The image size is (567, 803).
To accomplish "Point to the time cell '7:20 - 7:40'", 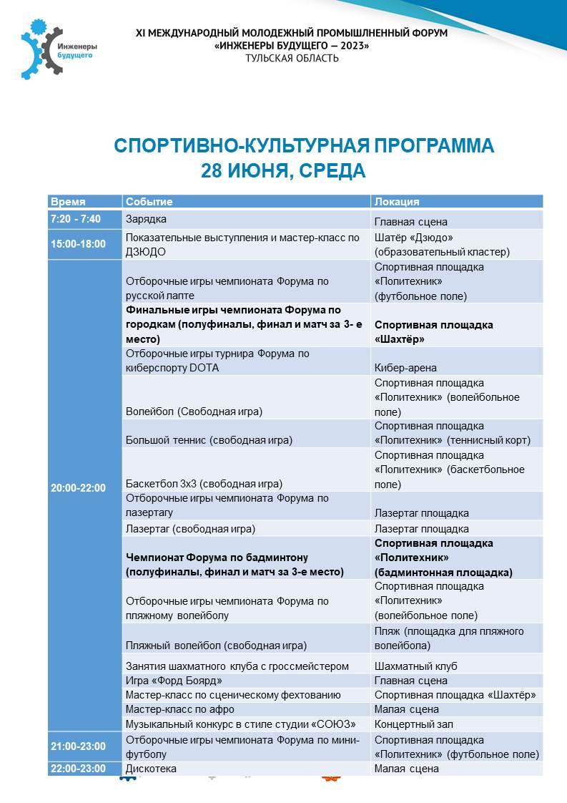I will click(x=76, y=219).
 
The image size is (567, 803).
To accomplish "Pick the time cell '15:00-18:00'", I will click(x=78, y=244).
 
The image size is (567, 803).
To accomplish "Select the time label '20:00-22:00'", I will click(x=78, y=488).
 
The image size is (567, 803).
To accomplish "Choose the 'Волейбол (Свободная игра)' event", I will click(x=194, y=412).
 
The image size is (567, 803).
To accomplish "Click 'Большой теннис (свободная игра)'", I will click(x=209, y=440).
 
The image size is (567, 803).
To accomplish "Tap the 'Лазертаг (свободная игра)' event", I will click(x=190, y=529).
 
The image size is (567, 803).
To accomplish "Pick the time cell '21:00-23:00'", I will click(x=78, y=746).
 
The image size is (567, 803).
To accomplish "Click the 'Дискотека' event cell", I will click(x=151, y=769).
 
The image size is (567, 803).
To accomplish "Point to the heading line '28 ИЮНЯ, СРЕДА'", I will click(x=283, y=170).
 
